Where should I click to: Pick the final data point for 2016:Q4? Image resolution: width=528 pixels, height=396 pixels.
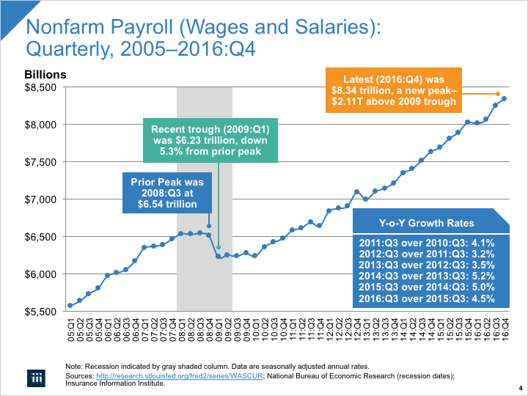click(x=505, y=99)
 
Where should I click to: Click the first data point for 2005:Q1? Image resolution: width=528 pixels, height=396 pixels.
click(x=70, y=305)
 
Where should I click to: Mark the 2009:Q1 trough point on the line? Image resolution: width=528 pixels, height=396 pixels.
click(x=219, y=257)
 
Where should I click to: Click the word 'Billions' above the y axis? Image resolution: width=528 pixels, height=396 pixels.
click(x=45, y=74)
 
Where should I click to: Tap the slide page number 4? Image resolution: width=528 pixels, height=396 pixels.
click(x=519, y=388)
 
